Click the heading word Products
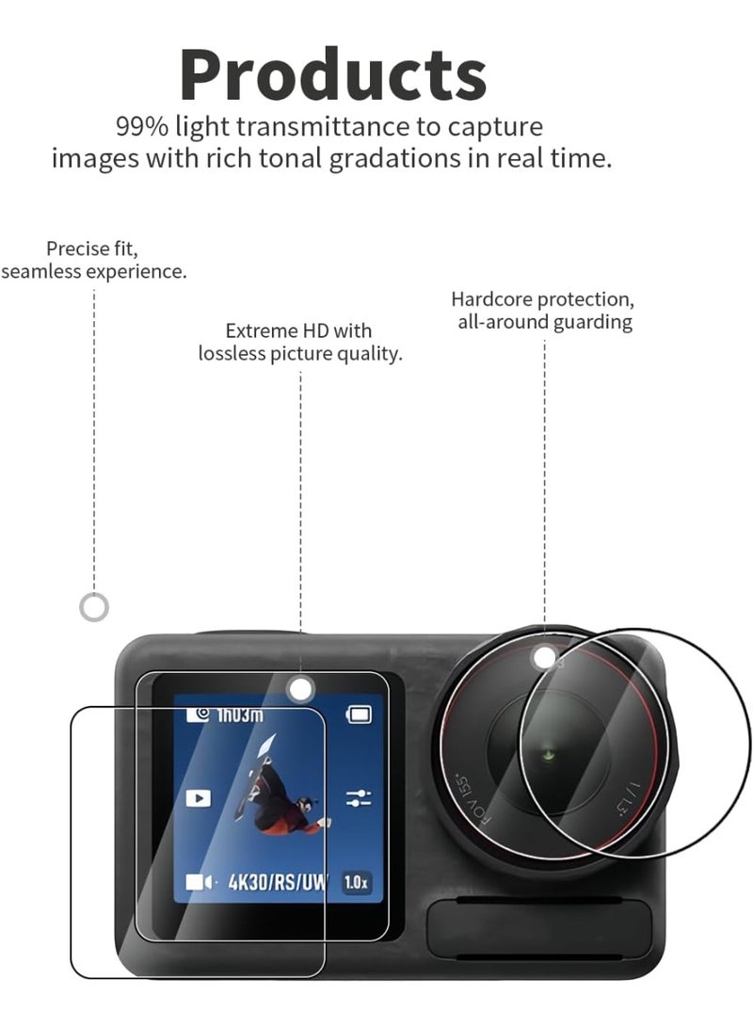coord(332,75)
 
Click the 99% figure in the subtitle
coord(142,126)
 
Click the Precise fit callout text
coord(93,260)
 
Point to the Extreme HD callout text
coord(300,342)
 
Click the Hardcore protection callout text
coord(543,311)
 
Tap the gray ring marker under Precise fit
coord(93,607)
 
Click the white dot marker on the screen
coord(300,689)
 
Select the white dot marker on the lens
coord(545,658)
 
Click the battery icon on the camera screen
coord(359,714)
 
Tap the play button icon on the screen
coord(199,798)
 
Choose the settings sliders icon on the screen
coord(359,798)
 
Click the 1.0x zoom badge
coord(356,882)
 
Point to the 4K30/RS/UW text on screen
coord(277,882)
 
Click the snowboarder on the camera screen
coord(281,786)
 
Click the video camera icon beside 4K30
coord(199,882)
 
